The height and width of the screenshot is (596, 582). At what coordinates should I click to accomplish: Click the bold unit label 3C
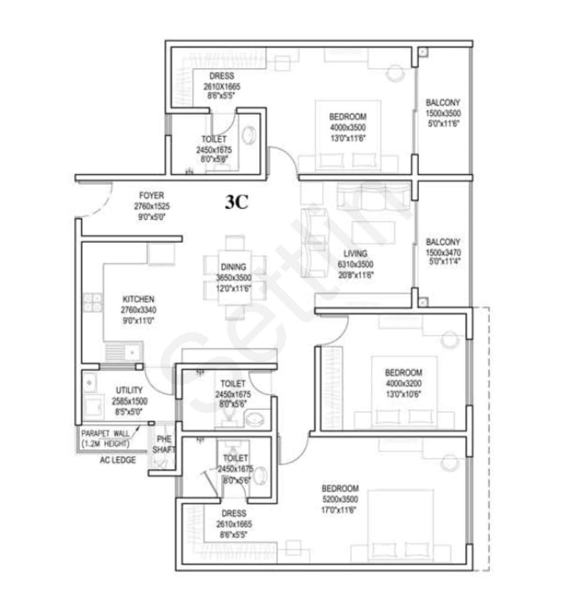click(236, 203)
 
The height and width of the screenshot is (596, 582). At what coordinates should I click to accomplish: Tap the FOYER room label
click(152, 196)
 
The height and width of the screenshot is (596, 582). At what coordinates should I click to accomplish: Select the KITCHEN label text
click(138, 299)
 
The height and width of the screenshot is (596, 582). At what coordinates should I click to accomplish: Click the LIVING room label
click(355, 254)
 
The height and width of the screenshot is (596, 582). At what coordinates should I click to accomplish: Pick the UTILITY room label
click(129, 390)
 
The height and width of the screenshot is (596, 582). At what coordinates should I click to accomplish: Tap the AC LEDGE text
click(117, 460)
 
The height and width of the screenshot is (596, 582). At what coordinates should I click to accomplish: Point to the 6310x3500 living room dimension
click(355, 264)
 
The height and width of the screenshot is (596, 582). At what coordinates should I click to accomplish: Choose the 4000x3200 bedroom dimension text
click(403, 384)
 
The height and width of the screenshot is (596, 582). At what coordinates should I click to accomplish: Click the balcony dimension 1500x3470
click(443, 252)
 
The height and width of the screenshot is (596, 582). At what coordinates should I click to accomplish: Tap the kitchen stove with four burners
click(92, 302)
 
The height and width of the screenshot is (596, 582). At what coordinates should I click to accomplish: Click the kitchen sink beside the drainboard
click(133, 352)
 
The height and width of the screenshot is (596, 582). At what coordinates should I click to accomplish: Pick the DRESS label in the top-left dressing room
click(222, 76)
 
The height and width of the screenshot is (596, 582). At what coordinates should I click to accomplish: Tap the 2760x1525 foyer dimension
click(152, 206)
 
